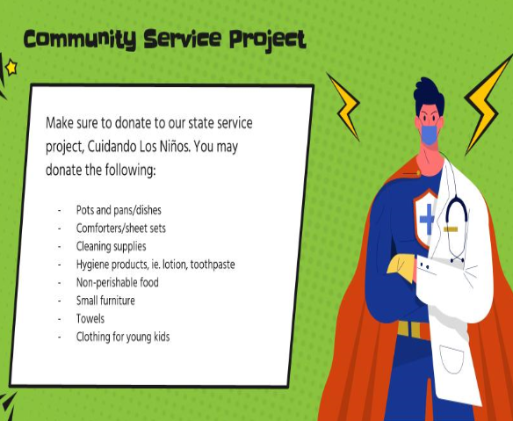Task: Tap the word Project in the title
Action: click(x=267, y=40)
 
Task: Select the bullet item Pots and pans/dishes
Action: click(x=119, y=210)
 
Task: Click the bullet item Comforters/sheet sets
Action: click(x=121, y=229)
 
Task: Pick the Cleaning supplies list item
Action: click(x=111, y=246)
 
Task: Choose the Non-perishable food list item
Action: click(x=117, y=282)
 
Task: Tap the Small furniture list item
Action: click(x=105, y=301)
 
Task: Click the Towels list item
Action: click(x=90, y=319)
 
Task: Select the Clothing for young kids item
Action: click(x=122, y=337)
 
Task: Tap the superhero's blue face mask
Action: click(x=429, y=134)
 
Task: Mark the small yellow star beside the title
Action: click(x=11, y=67)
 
